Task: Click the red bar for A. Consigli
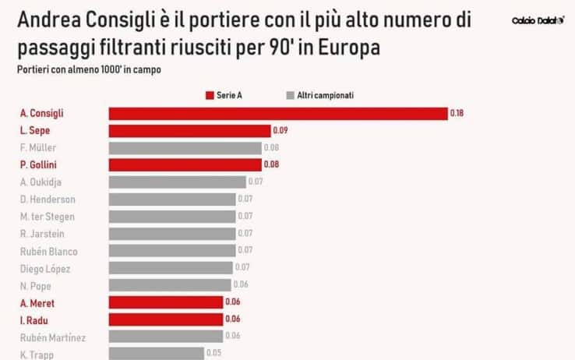point(277,114)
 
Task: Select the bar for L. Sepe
point(189,131)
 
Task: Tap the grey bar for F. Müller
point(185,148)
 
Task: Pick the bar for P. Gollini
point(185,164)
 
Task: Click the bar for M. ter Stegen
point(171,216)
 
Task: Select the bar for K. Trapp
point(156,353)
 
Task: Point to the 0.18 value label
point(457,114)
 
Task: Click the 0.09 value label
point(280,131)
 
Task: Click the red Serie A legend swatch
point(210,95)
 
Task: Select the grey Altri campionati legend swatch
point(290,95)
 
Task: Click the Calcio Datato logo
point(538,20)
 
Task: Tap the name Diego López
point(45,269)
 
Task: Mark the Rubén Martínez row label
point(53,337)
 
